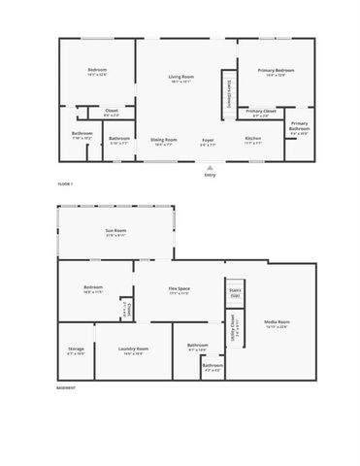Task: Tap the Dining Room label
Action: tap(164, 139)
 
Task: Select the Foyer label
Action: tap(209, 139)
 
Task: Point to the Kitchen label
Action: tap(253, 139)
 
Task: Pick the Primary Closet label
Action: tap(261, 112)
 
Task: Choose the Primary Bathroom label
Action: tap(299, 126)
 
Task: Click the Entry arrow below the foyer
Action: tap(209, 167)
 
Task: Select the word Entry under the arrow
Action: tap(209, 175)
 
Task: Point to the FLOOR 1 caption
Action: tap(65, 183)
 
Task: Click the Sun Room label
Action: tap(116, 230)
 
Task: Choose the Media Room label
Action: tap(278, 322)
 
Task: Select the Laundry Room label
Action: tap(134, 348)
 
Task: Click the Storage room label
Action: tap(76, 348)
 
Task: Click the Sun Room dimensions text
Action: tap(116, 235)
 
